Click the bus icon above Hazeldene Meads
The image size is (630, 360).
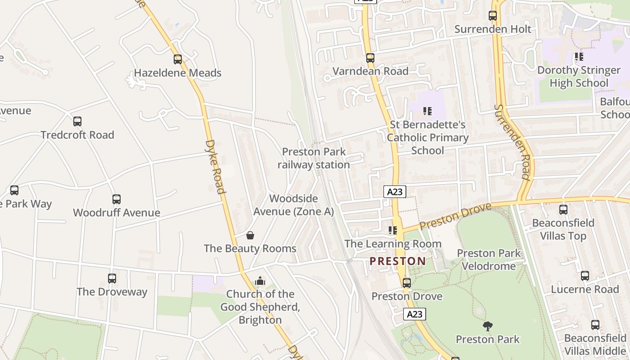178,59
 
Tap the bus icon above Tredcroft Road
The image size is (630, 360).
77,121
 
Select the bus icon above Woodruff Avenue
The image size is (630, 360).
117,199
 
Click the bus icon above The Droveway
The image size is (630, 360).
112,278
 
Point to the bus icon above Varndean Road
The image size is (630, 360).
370,58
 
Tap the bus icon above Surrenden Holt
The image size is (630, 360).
493,16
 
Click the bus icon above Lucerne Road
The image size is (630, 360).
585,276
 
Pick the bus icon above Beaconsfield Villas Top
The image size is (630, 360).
563,209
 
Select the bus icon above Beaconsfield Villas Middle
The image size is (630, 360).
595,324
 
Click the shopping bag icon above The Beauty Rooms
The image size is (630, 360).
250,235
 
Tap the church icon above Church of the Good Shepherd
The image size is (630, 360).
260,281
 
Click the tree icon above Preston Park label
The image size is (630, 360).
487,326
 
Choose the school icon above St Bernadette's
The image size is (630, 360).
427,111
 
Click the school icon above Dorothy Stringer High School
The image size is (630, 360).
579,57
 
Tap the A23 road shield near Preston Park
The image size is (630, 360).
414,314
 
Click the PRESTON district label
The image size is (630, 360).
398,261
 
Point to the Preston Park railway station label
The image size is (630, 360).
314,158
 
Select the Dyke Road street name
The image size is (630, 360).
215,166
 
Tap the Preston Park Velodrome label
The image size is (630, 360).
489,260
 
